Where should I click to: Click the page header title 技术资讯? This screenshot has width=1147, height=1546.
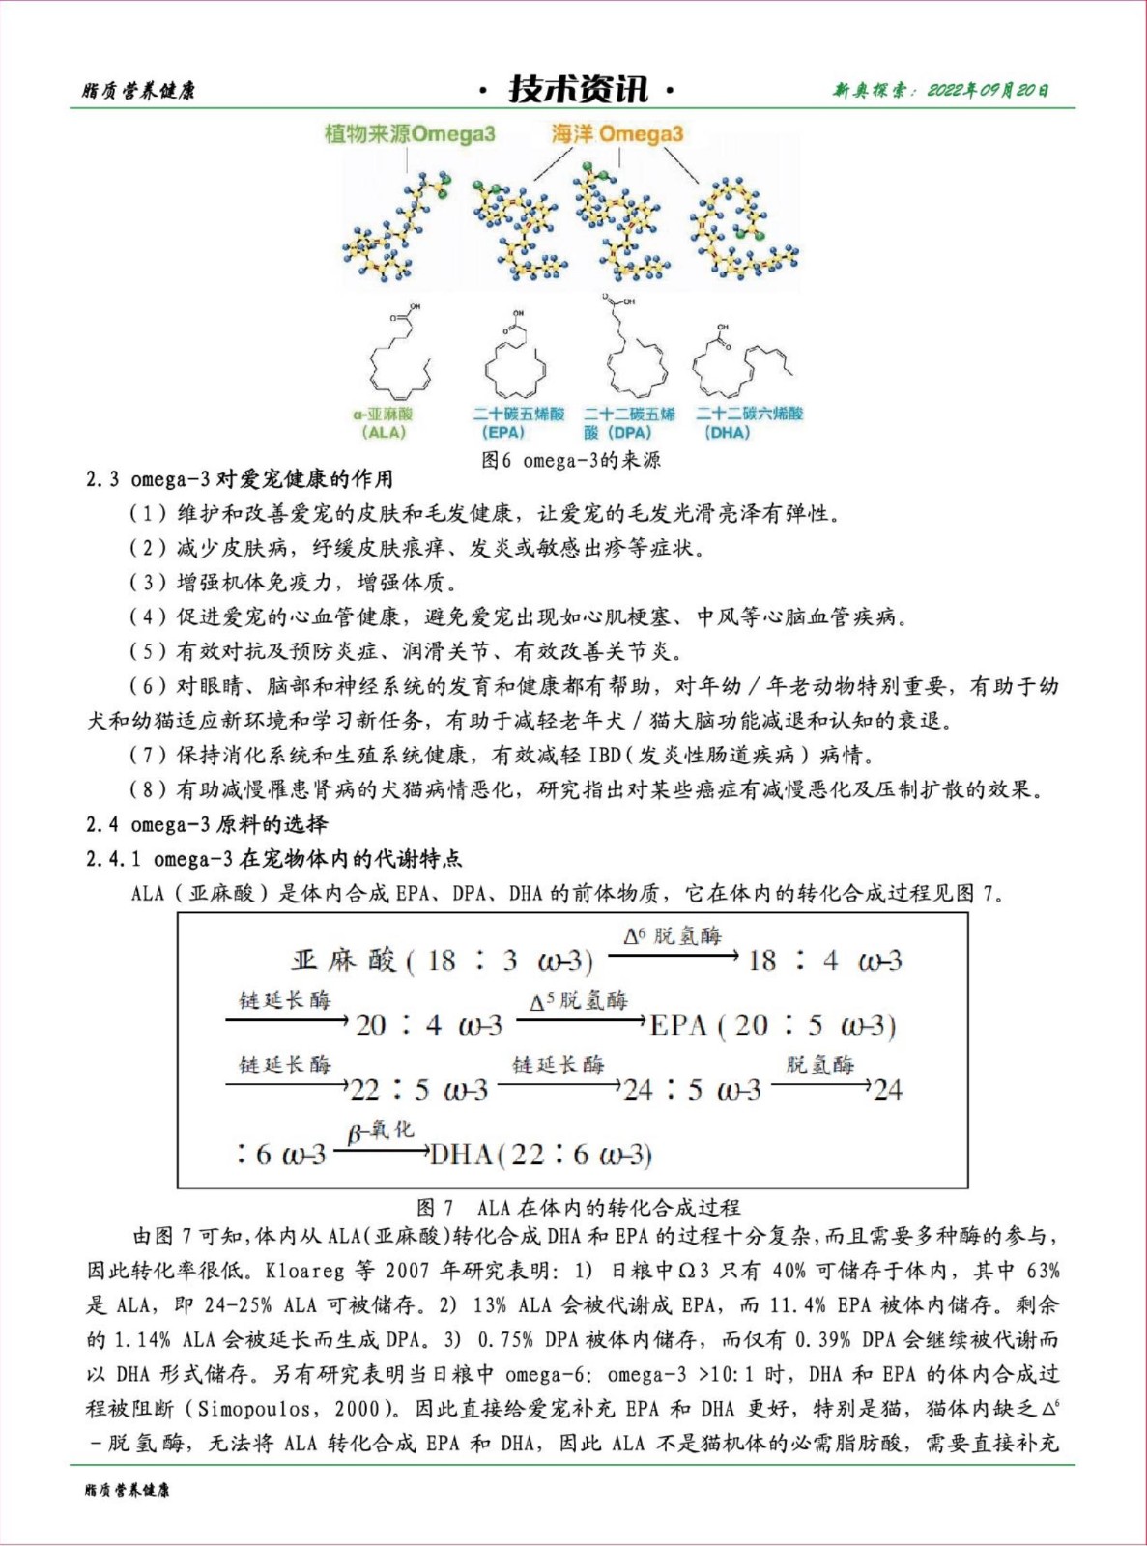577,90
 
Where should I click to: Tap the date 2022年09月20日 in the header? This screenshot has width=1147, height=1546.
988,91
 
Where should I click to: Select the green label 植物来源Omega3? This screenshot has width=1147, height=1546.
410,133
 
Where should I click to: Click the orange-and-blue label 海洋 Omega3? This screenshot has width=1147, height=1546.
617,133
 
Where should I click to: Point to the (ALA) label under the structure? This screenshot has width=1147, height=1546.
384,432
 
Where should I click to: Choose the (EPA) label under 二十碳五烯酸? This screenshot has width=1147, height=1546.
503,432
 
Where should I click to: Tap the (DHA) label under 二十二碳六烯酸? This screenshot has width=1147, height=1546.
728,432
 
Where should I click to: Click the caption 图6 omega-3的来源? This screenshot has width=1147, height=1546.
571,460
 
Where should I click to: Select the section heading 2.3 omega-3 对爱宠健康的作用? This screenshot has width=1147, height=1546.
240,479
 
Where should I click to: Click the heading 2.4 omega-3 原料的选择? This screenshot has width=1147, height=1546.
207,824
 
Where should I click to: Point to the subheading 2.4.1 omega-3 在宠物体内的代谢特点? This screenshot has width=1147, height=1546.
273,859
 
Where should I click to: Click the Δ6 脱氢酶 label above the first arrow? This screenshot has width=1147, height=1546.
673,935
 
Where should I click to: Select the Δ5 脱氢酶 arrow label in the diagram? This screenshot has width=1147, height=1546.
579,1001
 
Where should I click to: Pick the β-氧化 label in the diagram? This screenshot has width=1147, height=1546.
381,1130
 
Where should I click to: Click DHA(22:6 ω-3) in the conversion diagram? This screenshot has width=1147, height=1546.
541,1155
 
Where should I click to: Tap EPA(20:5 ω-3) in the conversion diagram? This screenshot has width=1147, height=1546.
773,1025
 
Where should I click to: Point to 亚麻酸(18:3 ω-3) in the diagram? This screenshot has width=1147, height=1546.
443,960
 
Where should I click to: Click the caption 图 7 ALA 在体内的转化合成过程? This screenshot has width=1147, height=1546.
579,1207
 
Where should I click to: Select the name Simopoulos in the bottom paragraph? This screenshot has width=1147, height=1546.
253,1409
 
